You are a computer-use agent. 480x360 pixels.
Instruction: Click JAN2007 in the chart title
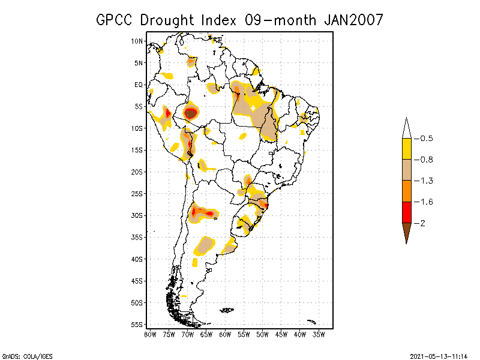(353, 20)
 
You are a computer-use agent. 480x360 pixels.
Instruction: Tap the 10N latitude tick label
(137, 41)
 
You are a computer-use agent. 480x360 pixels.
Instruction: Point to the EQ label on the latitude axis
(139, 85)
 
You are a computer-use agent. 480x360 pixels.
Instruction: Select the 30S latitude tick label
(137, 215)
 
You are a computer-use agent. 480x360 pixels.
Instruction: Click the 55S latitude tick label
(137, 324)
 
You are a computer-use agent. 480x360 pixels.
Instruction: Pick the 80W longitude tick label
(150, 334)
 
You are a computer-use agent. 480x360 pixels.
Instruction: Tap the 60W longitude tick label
(225, 334)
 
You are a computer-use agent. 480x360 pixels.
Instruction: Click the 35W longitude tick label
(319, 334)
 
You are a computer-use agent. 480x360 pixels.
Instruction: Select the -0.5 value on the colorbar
(426, 139)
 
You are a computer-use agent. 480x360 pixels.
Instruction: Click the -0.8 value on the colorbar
(426, 160)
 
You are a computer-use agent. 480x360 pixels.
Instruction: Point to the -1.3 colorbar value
(426, 181)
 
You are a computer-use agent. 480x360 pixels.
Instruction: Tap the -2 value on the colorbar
(423, 223)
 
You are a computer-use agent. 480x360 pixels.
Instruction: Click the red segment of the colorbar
(406, 212)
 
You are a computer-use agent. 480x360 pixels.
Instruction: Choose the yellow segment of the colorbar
(406, 149)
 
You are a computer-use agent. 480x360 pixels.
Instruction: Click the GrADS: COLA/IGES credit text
(19, 355)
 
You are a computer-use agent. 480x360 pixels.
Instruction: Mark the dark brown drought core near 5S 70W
(190, 112)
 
